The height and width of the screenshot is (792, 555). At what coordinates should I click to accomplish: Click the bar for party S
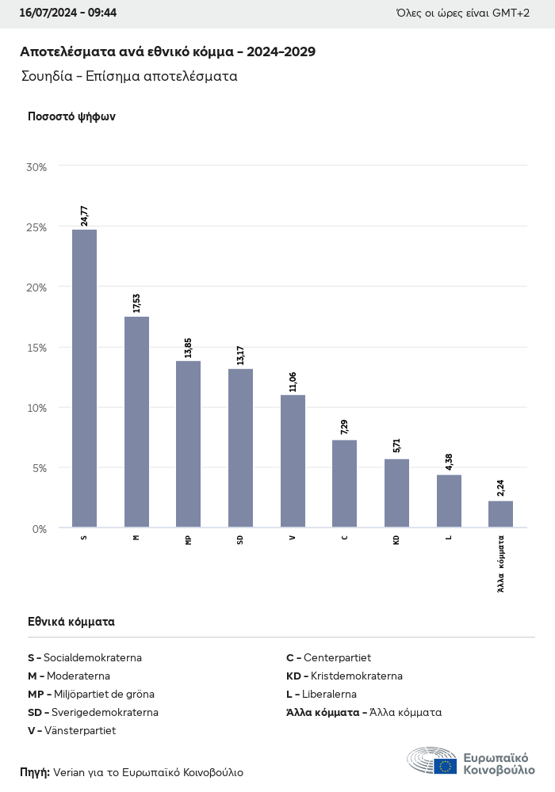coord(84,379)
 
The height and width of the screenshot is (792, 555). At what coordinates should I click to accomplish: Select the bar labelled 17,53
coord(136,422)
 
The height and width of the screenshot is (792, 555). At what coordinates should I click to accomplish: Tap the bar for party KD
coord(396,493)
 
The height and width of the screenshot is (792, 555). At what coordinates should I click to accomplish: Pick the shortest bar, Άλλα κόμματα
coord(500,514)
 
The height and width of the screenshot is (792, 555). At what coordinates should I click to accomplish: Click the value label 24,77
coord(84,215)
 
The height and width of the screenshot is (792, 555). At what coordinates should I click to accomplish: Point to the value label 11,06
coord(293,381)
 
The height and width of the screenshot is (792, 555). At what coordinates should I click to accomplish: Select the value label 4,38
coord(449,461)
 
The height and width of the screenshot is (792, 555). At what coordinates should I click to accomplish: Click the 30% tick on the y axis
coord(36,167)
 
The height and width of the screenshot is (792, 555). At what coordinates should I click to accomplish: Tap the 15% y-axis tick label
coord(36,348)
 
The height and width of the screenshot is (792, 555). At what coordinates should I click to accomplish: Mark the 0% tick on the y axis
coord(39,528)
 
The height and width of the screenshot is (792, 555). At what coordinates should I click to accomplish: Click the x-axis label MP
coord(188,539)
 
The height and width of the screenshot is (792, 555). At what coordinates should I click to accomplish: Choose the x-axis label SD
coord(240,539)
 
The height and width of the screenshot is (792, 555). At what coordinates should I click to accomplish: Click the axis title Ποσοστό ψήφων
coord(71,116)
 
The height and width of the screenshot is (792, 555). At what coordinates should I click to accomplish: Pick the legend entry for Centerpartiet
coord(328,657)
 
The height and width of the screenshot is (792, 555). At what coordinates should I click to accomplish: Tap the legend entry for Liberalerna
coord(321,694)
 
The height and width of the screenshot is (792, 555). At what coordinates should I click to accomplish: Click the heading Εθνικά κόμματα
coord(71,622)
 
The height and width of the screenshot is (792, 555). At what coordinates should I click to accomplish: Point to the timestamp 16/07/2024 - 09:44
coord(68,13)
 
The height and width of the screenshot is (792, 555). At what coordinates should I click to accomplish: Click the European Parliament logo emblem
coord(432,762)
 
